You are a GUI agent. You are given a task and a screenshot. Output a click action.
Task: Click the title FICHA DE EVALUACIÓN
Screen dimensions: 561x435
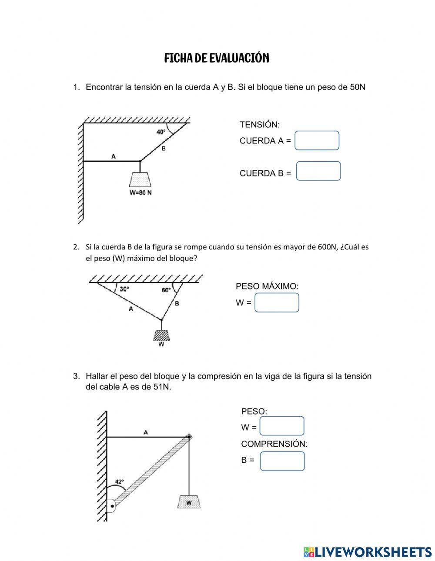coord(217,58)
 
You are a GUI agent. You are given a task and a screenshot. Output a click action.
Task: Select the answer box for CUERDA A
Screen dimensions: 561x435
coord(317,141)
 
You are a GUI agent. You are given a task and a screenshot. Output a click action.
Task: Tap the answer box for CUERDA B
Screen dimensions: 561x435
coord(318,171)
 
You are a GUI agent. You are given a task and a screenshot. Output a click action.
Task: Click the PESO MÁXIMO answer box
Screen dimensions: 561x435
coord(277,303)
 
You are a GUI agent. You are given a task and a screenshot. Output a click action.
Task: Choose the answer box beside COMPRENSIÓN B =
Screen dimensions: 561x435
coord(282,461)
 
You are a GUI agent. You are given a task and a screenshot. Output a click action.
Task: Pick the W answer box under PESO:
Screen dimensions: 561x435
coord(281,426)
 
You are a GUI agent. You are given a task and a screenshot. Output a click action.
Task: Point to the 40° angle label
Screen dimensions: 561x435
coord(161,132)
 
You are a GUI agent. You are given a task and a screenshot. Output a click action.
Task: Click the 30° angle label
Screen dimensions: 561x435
coord(124,289)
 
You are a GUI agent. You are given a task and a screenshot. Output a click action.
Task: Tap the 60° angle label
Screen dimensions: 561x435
coord(166,290)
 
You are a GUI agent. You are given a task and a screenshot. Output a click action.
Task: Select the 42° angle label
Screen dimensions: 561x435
coord(119,481)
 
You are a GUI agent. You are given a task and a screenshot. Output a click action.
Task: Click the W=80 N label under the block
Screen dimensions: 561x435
coord(141,193)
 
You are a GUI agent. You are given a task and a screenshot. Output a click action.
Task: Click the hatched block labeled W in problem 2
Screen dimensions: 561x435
coord(161,335)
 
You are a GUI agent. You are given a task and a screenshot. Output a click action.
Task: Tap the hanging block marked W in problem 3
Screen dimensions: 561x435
coord(189,501)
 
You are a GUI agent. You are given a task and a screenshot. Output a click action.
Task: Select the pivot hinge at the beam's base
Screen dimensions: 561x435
coord(112,506)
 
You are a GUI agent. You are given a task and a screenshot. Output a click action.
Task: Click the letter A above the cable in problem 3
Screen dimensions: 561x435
coord(146,432)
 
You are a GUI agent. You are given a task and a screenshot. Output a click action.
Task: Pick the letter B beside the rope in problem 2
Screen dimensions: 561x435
coord(177,304)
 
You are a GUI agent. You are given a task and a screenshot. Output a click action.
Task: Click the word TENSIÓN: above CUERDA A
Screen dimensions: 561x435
coord(260,125)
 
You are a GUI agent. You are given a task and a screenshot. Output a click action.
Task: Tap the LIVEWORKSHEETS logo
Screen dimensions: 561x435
coord(367,551)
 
